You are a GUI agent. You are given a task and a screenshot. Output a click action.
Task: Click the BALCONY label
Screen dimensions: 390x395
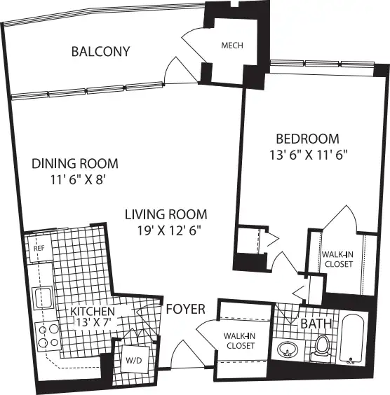100,51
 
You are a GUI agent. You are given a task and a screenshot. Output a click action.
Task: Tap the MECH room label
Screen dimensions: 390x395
232,46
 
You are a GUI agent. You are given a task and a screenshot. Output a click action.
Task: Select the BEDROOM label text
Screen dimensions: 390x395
307,139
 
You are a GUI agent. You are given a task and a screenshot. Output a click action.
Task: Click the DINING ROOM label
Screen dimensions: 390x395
75,163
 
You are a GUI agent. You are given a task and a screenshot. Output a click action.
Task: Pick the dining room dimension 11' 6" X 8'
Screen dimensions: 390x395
78,180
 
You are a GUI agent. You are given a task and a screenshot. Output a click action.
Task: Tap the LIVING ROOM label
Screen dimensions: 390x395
166,214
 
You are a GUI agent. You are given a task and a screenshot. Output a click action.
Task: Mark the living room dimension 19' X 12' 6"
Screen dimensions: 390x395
169,230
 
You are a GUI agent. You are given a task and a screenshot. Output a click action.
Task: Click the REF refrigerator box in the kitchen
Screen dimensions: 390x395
40,248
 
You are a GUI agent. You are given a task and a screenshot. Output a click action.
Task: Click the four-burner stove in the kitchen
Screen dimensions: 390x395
48,336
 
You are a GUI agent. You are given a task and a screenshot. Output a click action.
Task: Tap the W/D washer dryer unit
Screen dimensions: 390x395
135,359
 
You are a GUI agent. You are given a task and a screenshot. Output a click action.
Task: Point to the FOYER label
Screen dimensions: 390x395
186,309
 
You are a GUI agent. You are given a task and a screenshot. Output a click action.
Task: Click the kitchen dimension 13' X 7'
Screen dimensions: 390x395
93,322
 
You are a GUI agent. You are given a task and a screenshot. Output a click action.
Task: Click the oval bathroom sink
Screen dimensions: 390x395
288,349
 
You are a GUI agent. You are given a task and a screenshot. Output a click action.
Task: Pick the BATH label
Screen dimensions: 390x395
316,324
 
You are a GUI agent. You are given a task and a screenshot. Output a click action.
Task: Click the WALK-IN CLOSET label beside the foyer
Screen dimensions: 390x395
240,341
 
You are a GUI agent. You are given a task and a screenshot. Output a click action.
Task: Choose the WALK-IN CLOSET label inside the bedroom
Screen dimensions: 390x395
338,259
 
